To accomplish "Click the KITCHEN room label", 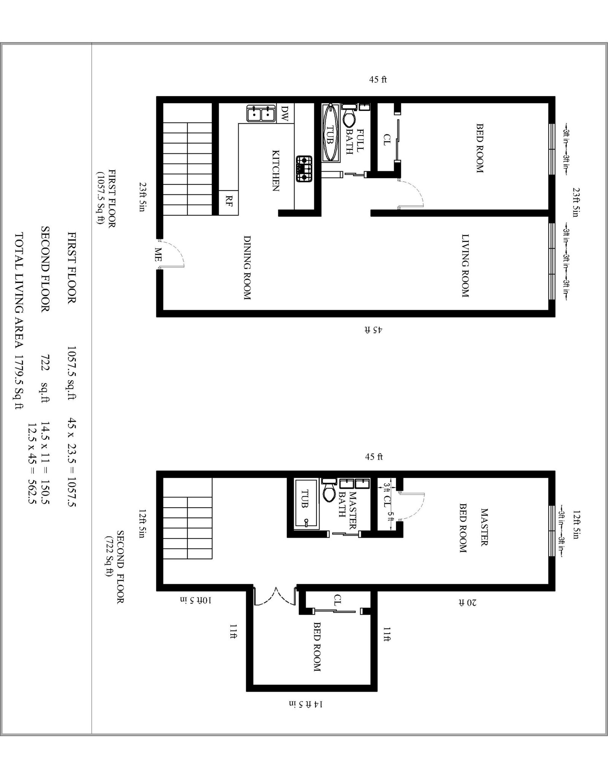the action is [276, 170].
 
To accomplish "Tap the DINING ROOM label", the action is [247, 268].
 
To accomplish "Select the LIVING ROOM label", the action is [465, 265].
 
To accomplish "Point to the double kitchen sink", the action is [261, 114].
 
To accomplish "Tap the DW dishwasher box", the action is [285, 113].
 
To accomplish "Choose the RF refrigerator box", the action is [229, 201].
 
